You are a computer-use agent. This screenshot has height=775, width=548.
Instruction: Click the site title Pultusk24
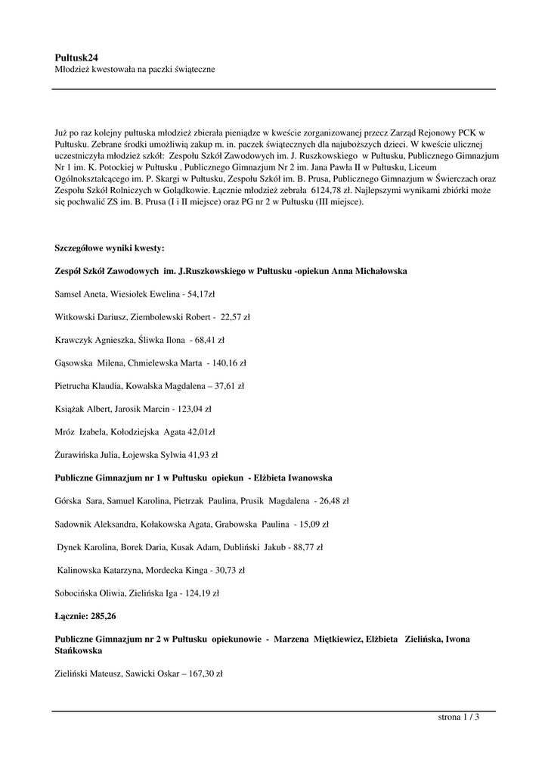click(x=76, y=57)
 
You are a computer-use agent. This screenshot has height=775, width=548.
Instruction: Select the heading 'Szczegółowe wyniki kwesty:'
click(x=110, y=248)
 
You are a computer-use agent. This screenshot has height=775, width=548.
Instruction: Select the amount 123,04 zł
click(x=195, y=409)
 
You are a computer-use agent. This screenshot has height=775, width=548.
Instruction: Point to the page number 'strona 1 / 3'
click(x=459, y=717)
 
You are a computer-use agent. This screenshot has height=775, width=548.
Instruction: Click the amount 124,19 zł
click(x=203, y=593)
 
